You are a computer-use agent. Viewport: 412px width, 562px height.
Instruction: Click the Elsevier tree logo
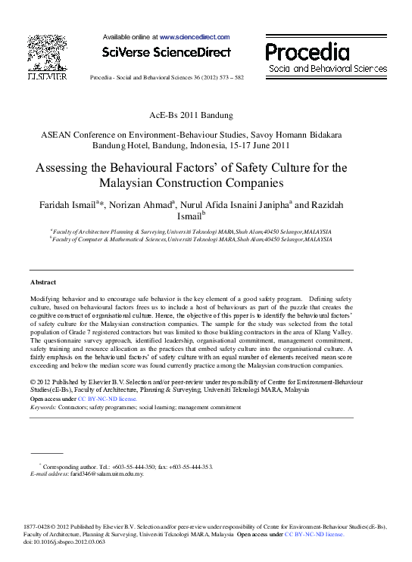46,54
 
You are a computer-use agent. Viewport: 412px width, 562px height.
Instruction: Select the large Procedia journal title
307,52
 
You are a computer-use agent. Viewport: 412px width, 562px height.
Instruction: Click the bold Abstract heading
43,282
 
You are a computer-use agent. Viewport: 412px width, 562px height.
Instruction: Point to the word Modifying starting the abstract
48,300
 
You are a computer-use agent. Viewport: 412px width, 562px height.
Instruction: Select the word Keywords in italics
42,407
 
